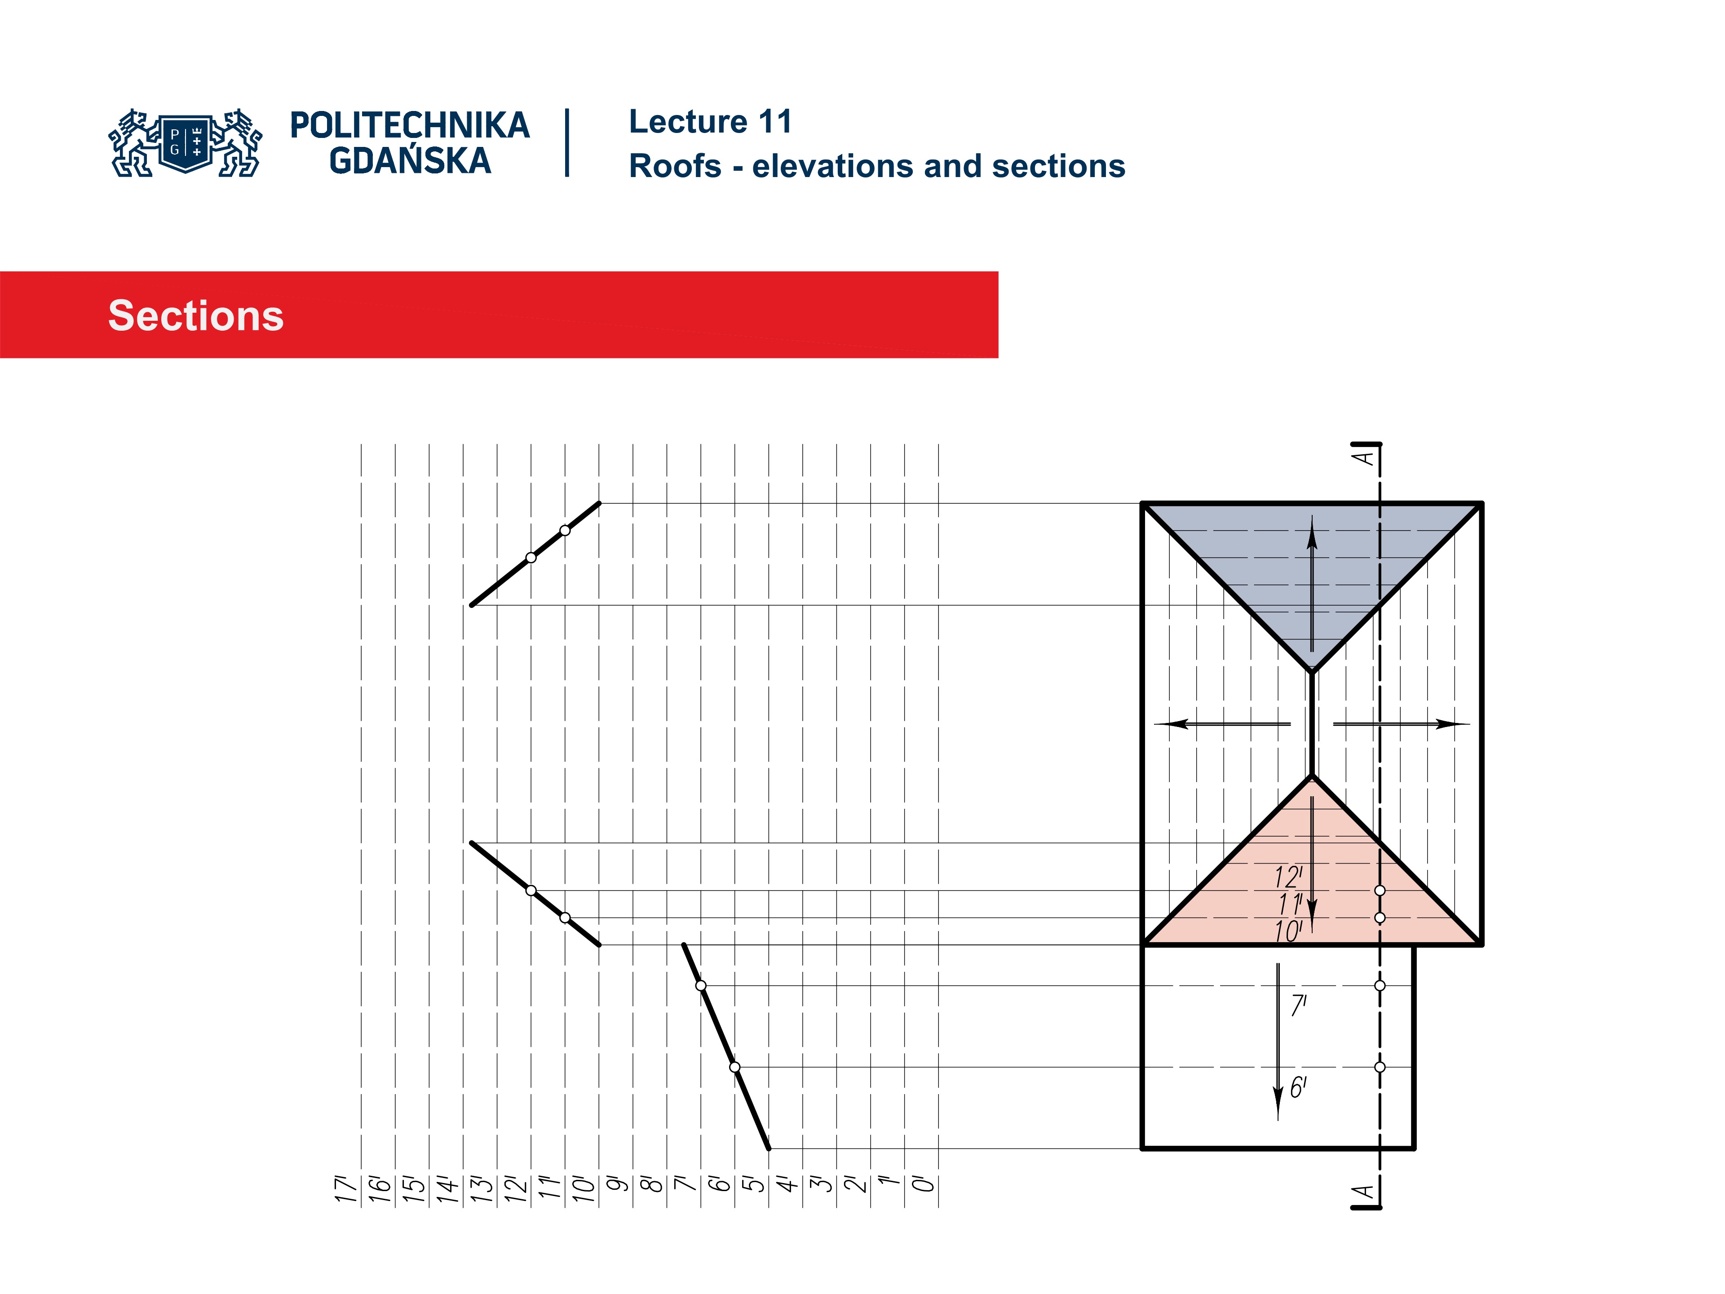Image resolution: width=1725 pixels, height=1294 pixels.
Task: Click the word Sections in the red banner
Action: pos(196,316)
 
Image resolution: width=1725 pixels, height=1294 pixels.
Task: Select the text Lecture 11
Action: pos(710,122)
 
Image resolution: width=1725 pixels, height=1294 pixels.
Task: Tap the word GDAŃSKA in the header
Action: pos(410,161)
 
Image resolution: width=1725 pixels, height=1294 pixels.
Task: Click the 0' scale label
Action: pos(923,1185)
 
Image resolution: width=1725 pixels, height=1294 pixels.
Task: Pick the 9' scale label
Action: pos(617,1185)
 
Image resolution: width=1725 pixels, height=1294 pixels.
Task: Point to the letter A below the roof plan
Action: pos(1363,1193)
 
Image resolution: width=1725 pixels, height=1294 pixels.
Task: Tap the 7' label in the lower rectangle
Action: pos(1298,1006)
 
